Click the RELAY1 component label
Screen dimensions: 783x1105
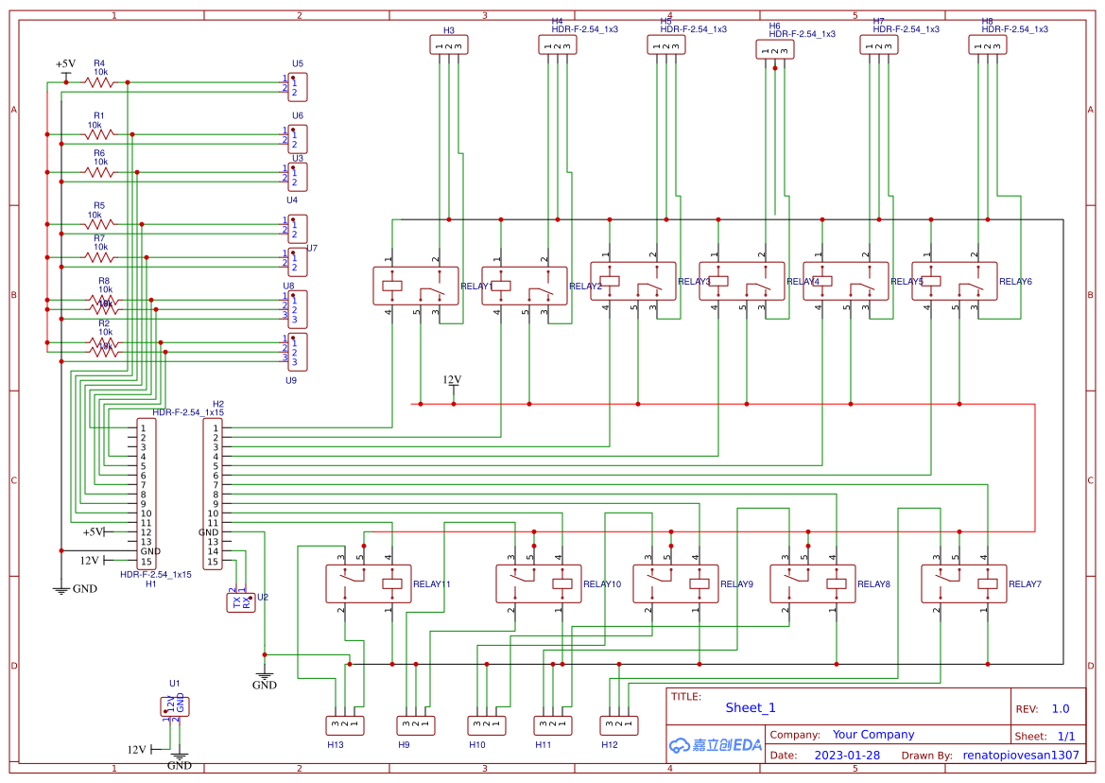pos(475,286)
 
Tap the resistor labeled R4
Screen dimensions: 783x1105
pos(99,82)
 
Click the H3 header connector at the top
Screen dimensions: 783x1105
pos(448,44)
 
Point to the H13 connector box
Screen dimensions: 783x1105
pos(344,725)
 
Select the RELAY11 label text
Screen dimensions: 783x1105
pos(431,584)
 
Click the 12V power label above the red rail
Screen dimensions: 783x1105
pos(452,380)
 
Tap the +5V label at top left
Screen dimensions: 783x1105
pos(65,64)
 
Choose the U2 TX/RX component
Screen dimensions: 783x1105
pos(240,601)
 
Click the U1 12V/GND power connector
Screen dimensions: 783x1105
pos(175,705)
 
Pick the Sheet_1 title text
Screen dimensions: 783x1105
pos(751,707)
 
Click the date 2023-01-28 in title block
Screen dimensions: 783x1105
pos(846,756)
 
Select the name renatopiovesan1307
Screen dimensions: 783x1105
pos(1020,756)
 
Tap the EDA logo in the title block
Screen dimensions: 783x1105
pos(715,745)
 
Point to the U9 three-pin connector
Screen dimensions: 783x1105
pos(297,351)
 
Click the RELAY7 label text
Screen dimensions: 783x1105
pos(1025,584)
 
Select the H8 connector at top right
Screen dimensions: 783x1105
pos(987,44)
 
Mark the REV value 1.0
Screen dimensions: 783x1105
pos(1060,708)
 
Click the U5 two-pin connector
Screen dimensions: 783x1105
pos(298,87)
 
